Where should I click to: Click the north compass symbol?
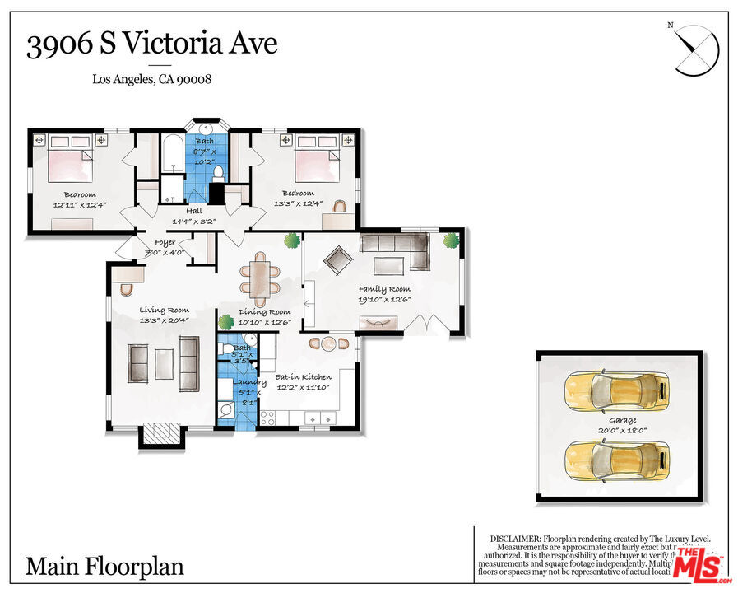pyautogui.click(x=696, y=50)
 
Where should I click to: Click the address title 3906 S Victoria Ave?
pyautogui.click(x=151, y=44)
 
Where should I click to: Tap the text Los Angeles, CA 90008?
pyautogui.click(x=152, y=80)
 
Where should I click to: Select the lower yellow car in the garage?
pyautogui.click(x=616, y=459)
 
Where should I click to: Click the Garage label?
pyautogui.click(x=622, y=420)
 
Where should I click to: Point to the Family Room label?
pyautogui.click(x=384, y=289)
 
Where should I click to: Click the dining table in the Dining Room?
pyautogui.click(x=259, y=278)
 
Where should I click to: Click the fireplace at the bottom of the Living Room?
pyautogui.click(x=160, y=433)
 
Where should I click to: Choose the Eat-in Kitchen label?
pyautogui.click(x=303, y=377)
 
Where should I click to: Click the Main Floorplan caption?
pyautogui.click(x=104, y=567)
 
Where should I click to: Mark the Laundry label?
pyautogui.click(x=248, y=382)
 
